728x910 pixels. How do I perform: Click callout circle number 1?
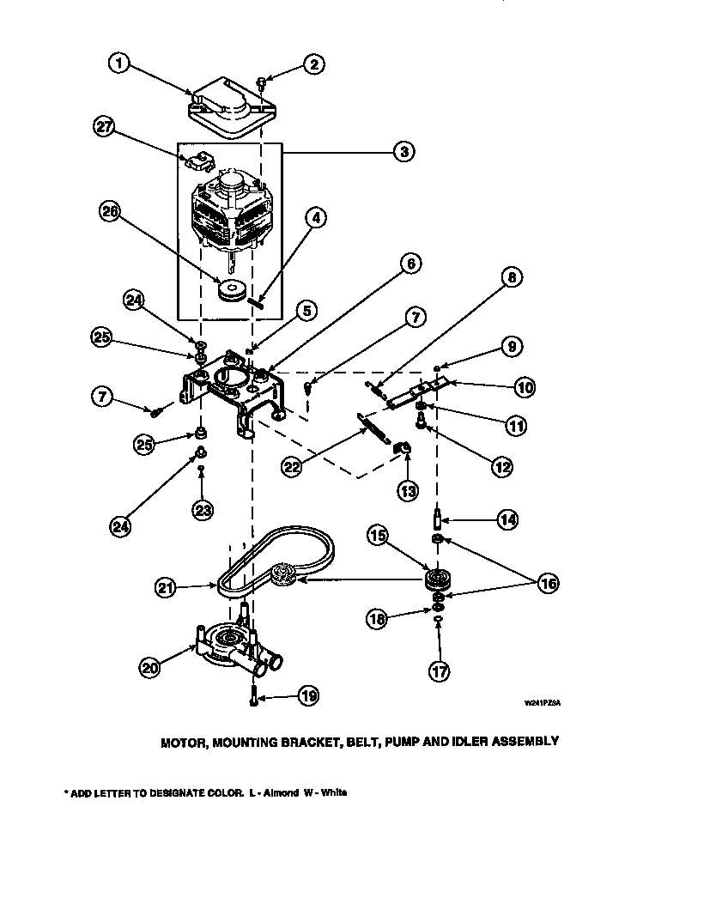coord(120,64)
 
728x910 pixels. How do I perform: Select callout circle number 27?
coord(104,126)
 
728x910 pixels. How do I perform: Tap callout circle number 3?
coord(401,152)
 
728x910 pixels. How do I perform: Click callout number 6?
coord(409,264)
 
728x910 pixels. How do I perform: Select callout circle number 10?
coord(523,388)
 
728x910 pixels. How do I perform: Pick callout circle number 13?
coord(406,491)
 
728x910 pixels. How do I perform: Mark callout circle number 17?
coord(438,672)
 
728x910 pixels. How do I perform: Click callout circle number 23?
coord(203,510)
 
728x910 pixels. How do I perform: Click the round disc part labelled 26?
coord(230,292)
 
